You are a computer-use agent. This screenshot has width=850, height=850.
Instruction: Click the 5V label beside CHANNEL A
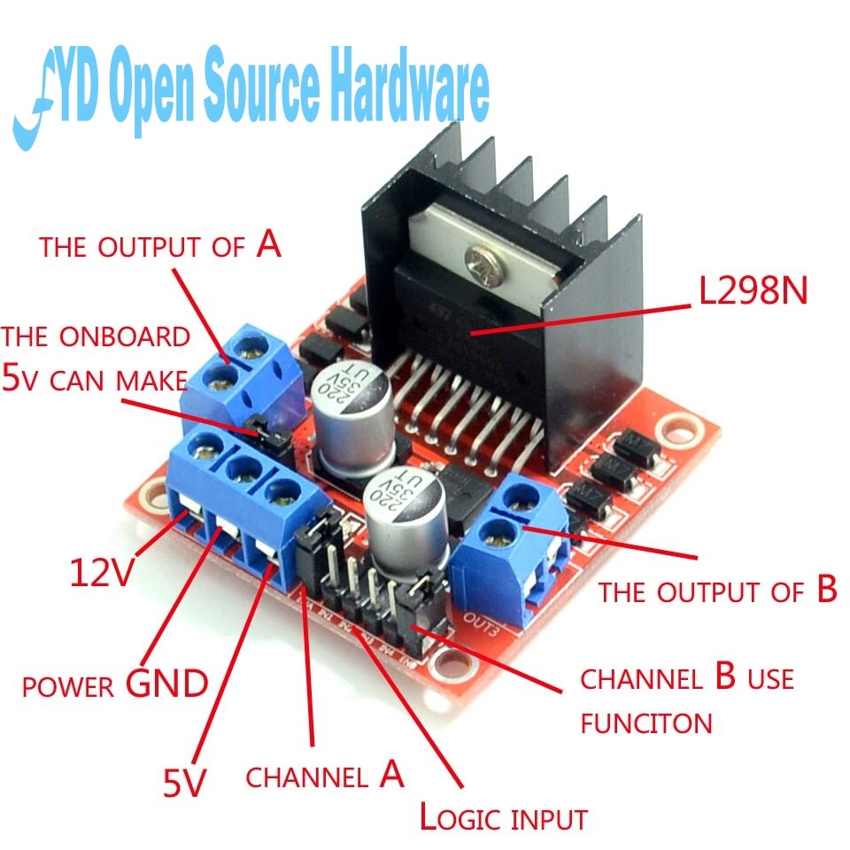pos(184,781)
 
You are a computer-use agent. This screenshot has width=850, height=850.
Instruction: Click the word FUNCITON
pos(646,723)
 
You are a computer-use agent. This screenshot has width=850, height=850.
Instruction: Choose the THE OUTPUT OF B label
pos(717,591)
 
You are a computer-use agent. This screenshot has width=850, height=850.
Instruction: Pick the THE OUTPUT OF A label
pos(159,245)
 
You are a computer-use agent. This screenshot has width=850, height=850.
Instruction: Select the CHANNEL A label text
pos(325,777)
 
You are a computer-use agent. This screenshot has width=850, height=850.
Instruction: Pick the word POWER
pos(67,687)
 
